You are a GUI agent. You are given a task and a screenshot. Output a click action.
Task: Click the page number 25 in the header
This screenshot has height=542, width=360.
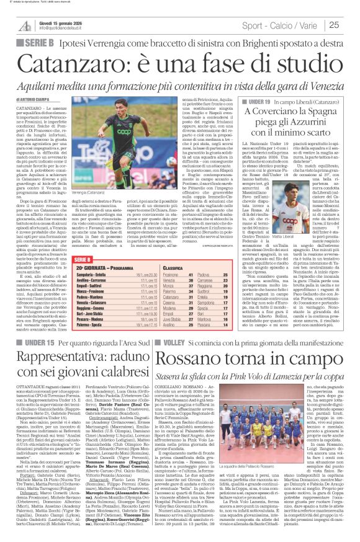pos(351,24)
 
